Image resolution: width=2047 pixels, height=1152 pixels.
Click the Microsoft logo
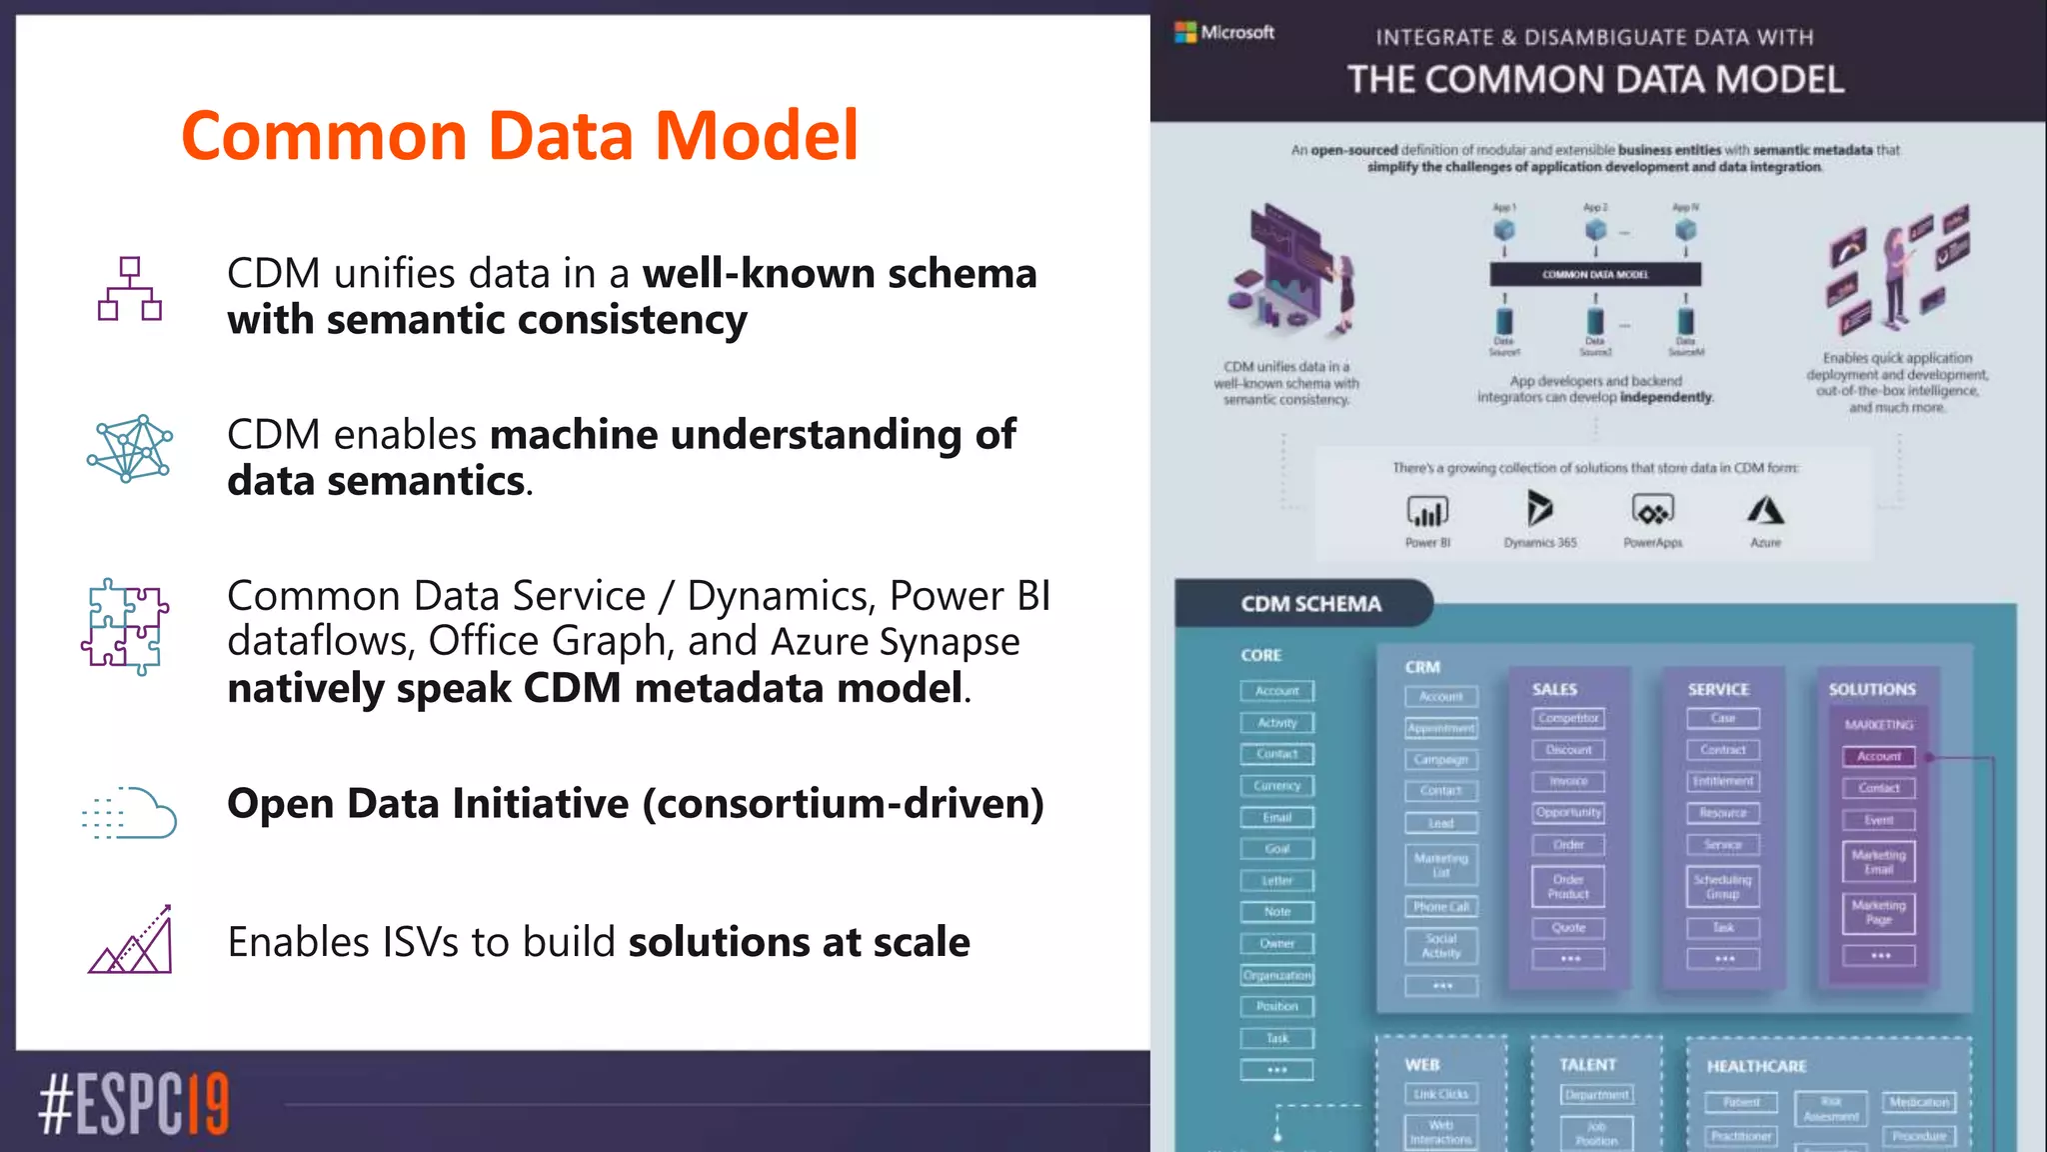[1224, 32]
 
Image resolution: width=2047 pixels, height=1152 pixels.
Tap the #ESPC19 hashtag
[134, 1104]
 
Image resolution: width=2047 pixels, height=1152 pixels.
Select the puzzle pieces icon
[126, 627]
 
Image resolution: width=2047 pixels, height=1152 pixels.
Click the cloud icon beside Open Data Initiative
[130, 812]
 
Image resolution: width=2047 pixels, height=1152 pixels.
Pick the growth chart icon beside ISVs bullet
[131, 940]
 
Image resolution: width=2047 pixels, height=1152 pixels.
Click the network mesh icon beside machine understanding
[130, 449]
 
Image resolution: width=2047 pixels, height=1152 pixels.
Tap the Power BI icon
[1427, 511]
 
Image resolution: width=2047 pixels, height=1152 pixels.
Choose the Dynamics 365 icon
[1539, 509]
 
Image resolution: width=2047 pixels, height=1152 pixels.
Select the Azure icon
[1765, 511]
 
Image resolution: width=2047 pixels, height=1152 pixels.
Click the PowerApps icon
[1652, 511]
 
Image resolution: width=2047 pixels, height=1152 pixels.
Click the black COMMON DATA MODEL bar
[1595, 274]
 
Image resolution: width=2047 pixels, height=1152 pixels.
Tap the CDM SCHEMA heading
[1310, 604]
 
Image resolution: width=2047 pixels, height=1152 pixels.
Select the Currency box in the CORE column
[1277, 786]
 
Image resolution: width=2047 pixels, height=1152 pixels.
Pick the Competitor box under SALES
[1568, 718]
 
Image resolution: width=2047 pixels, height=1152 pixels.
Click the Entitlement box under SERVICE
[1723, 781]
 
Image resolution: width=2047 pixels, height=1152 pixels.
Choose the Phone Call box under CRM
[1441, 907]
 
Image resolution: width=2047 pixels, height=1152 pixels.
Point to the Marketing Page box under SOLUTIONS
[1879, 912]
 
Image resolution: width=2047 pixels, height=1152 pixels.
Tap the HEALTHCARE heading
[1756, 1066]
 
